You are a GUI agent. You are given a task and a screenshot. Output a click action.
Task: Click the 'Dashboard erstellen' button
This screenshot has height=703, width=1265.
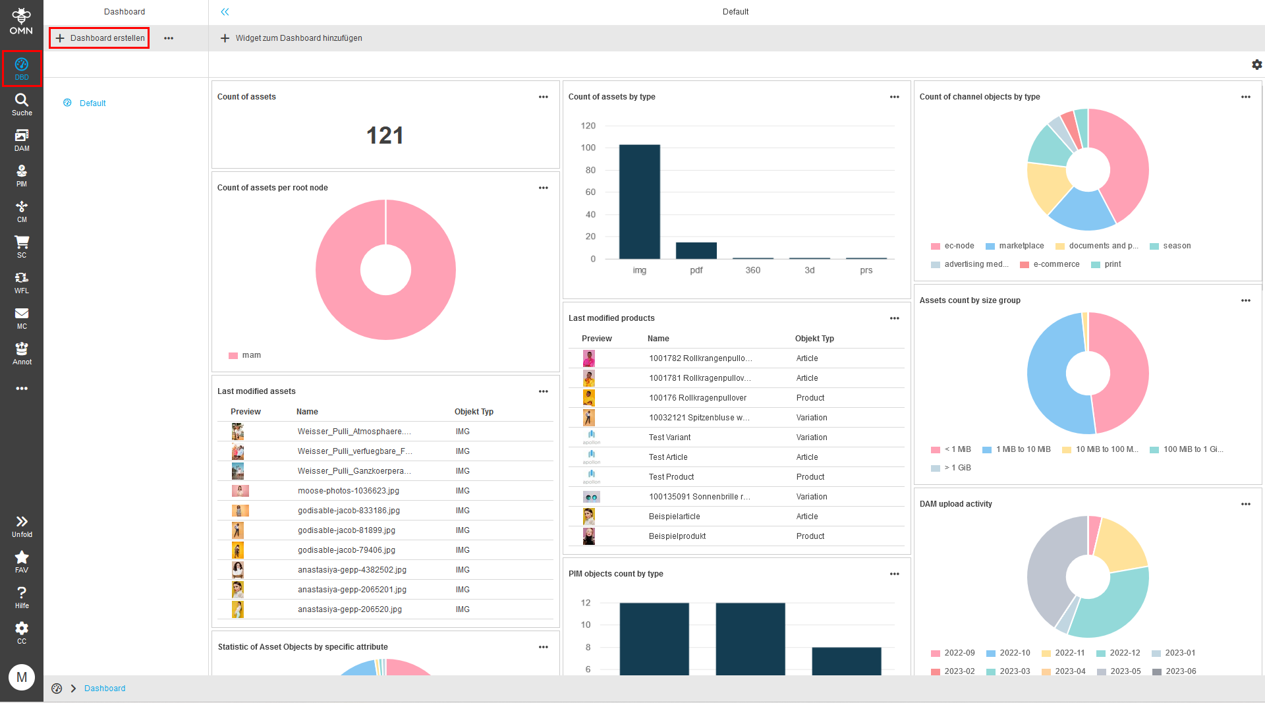pyautogui.click(x=100, y=38)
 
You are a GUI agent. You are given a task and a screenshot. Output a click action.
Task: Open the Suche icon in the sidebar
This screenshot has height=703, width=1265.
pyautogui.click(x=22, y=104)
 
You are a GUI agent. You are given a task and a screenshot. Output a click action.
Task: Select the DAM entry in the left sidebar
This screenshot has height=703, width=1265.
pyautogui.click(x=22, y=140)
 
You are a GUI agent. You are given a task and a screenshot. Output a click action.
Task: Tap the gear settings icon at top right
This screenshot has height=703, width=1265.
pyautogui.click(x=1256, y=65)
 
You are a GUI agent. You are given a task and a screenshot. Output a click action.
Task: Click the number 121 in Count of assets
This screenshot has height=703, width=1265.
pyautogui.click(x=385, y=136)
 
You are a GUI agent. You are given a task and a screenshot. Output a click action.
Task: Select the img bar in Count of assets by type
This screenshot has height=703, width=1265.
pyautogui.click(x=639, y=202)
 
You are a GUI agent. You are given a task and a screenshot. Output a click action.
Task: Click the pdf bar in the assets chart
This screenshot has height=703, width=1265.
pyautogui.click(x=696, y=251)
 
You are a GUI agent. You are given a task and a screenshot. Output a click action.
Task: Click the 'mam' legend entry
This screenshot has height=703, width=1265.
pyautogui.click(x=251, y=355)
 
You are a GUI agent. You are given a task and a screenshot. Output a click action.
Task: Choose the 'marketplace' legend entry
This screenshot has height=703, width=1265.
pyautogui.click(x=1021, y=246)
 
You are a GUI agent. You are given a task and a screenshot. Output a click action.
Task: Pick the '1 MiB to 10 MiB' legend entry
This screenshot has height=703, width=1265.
pyautogui.click(x=1023, y=449)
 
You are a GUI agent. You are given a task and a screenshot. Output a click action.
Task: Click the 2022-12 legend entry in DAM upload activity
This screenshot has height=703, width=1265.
pyautogui.click(x=1124, y=653)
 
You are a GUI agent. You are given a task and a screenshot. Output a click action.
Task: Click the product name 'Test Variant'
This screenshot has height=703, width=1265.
pyautogui.click(x=669, y=437)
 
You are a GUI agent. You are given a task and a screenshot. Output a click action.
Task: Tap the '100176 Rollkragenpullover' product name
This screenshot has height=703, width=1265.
pyautogui.click(x=697, y=398)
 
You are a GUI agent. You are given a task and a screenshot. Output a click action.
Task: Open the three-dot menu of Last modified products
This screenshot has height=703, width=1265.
pyautogui.click(x=894, y=318)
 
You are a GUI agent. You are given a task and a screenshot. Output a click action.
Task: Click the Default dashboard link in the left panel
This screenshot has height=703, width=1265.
pyautogui.click(x=92, y=103)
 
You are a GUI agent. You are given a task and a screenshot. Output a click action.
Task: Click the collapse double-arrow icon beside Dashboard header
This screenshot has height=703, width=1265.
pyautogui.click(x=225, y=12)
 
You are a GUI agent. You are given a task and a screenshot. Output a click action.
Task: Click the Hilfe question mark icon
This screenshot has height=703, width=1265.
pyautogui.click(x=22, y=593)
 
